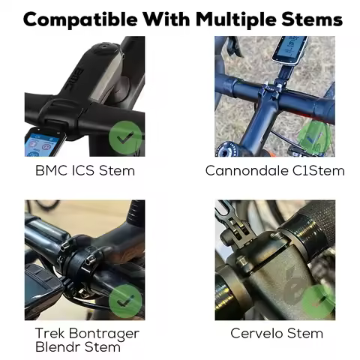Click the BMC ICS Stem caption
coord(85,170)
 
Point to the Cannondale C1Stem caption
coord(274,170)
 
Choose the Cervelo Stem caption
coord(274,332)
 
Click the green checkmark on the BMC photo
coord(124,138)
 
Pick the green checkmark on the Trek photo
coord(124,301)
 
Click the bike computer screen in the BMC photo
coord(42,144)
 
